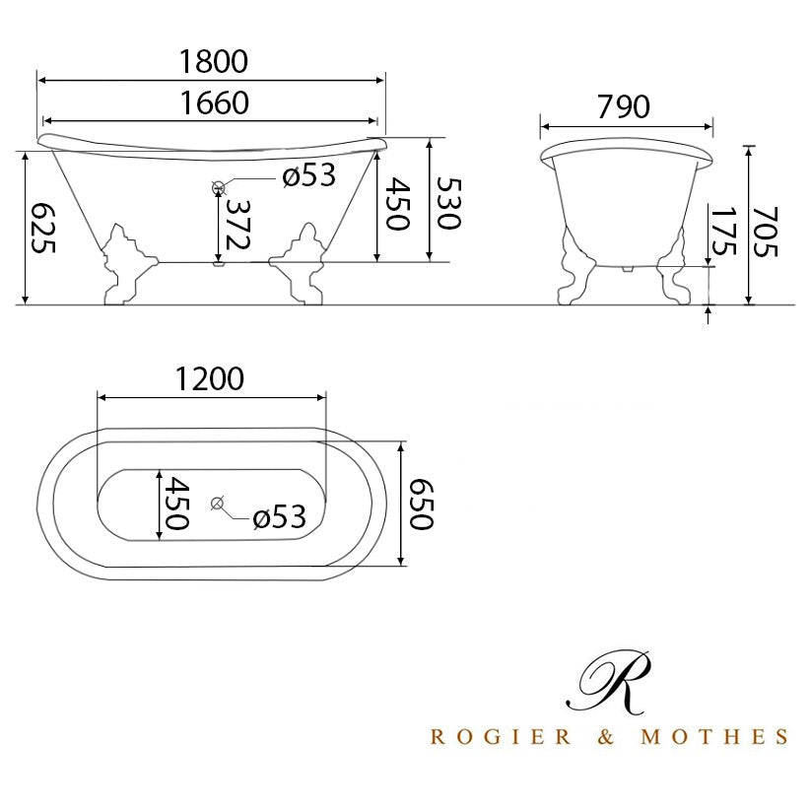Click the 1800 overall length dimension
point(214,61)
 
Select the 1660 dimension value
point(215,102)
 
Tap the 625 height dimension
point(43,228)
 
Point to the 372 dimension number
point(238,225)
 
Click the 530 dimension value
point(448,203)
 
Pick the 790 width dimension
point(624,107)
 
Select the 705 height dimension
point(765,232)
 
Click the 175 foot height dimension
point(722,232)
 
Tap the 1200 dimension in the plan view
point(209,378)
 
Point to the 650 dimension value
point(421,505)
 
